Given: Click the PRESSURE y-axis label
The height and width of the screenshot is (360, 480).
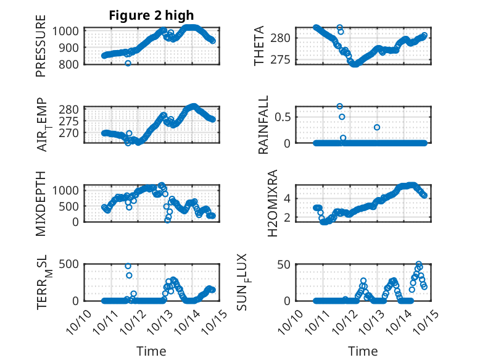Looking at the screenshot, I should pos(41,50).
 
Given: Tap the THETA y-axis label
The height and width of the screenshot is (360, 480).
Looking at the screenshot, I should pos(260,46).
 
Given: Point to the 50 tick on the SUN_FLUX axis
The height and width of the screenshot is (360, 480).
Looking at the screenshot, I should pos(283,265).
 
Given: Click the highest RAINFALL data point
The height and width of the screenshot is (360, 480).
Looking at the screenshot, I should pos(339,106).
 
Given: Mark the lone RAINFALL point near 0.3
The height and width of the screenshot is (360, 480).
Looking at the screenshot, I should pos(376,127).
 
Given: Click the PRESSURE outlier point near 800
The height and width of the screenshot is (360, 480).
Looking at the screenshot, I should pos(128,63).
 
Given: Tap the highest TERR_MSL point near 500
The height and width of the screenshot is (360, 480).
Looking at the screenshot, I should pos(128,266).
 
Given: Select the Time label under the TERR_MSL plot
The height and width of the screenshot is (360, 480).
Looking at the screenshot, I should pos(151,351).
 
